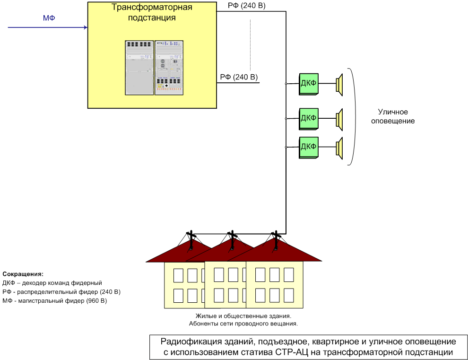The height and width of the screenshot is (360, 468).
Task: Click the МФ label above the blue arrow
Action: click(49, 18)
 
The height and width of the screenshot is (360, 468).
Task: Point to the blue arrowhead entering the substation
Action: click(85, 28)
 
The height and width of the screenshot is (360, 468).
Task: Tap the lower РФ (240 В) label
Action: click(239, 77)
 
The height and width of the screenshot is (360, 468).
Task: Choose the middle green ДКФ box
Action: click(308, 118)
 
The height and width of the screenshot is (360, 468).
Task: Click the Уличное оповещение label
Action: click(393, 116)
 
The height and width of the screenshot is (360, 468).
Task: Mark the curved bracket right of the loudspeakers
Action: click(352, 116)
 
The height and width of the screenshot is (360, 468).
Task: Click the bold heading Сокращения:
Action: click(23, 274)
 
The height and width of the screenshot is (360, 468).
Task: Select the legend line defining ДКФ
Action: click(52, 282)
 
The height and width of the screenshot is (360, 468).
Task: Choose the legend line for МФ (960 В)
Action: click(55, 300)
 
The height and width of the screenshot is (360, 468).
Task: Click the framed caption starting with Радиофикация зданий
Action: click(308, 347)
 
